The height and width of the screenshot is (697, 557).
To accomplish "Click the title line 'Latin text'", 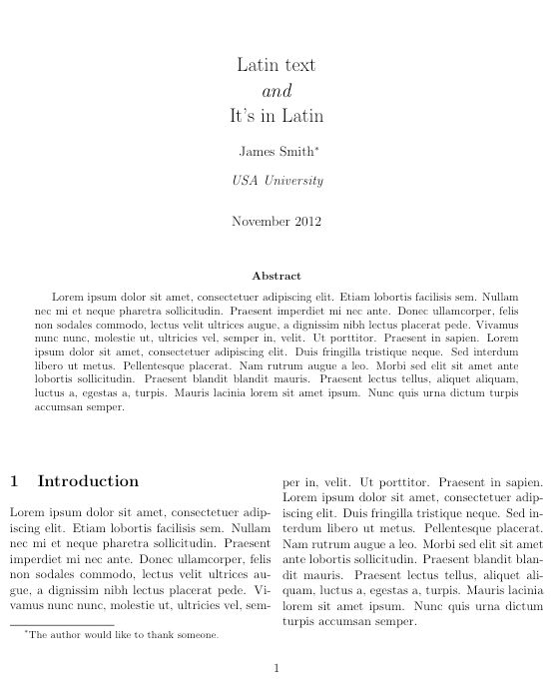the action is click(278, 66).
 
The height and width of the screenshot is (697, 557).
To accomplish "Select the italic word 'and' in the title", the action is click(278, 91).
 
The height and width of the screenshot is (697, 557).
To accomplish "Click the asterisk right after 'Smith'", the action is click(317, 149).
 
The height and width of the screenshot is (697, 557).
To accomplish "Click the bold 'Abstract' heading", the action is click(278, 275).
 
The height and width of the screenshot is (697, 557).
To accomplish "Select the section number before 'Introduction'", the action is click(13, 481).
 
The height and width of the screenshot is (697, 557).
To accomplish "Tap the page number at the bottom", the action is click(278, 669).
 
